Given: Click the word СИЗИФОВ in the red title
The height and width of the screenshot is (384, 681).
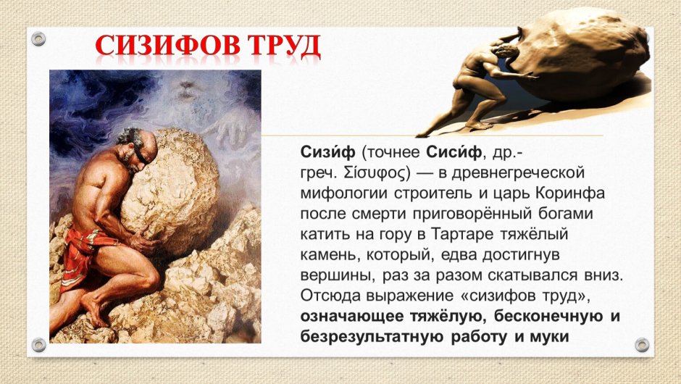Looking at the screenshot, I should [x=169, y=46].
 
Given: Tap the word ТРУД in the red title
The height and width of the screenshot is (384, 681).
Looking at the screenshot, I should [x=285, y=46].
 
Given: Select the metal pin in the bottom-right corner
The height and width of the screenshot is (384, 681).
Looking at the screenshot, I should [x=640, y=345].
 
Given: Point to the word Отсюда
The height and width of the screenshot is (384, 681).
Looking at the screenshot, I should [x=327, y=296].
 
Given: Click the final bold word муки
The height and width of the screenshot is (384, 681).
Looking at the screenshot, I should [x=548, y=337].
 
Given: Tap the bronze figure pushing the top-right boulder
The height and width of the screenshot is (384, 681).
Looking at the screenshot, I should [x=493, y=87].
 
